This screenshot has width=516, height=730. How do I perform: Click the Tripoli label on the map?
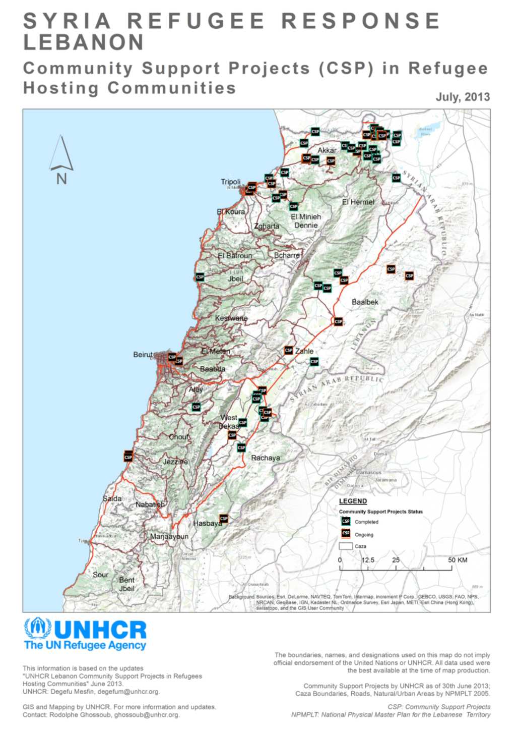tap(230, 182)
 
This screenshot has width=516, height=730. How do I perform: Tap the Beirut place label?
tap(143, 355)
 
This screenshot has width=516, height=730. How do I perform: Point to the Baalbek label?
tap(365, 302)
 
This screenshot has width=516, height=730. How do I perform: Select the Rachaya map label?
tap(266, 458)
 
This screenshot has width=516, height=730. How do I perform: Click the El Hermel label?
tap(358, 202)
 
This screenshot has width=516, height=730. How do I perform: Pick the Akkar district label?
tap(327, 150)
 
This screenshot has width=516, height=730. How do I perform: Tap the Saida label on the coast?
tap(112, 498)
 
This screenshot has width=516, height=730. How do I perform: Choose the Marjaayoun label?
tap(169, 536)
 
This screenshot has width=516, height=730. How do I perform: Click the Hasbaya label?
tap(207, 523)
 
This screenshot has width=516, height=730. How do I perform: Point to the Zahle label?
tap(304, 351)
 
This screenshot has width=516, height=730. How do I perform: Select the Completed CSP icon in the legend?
tap(346, 521)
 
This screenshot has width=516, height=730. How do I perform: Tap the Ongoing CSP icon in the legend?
tap(346, 533)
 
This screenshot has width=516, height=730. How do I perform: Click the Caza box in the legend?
tap(346, 546)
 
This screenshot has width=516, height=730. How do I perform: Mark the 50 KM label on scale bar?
tap(457, 560)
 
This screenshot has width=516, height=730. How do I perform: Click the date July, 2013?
tap(463, 97)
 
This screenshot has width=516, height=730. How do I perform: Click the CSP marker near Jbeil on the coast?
tap(200, 277)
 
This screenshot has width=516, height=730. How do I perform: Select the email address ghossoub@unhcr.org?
tap(147, 715)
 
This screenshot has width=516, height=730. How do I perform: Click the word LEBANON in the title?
tap(84, 42)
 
